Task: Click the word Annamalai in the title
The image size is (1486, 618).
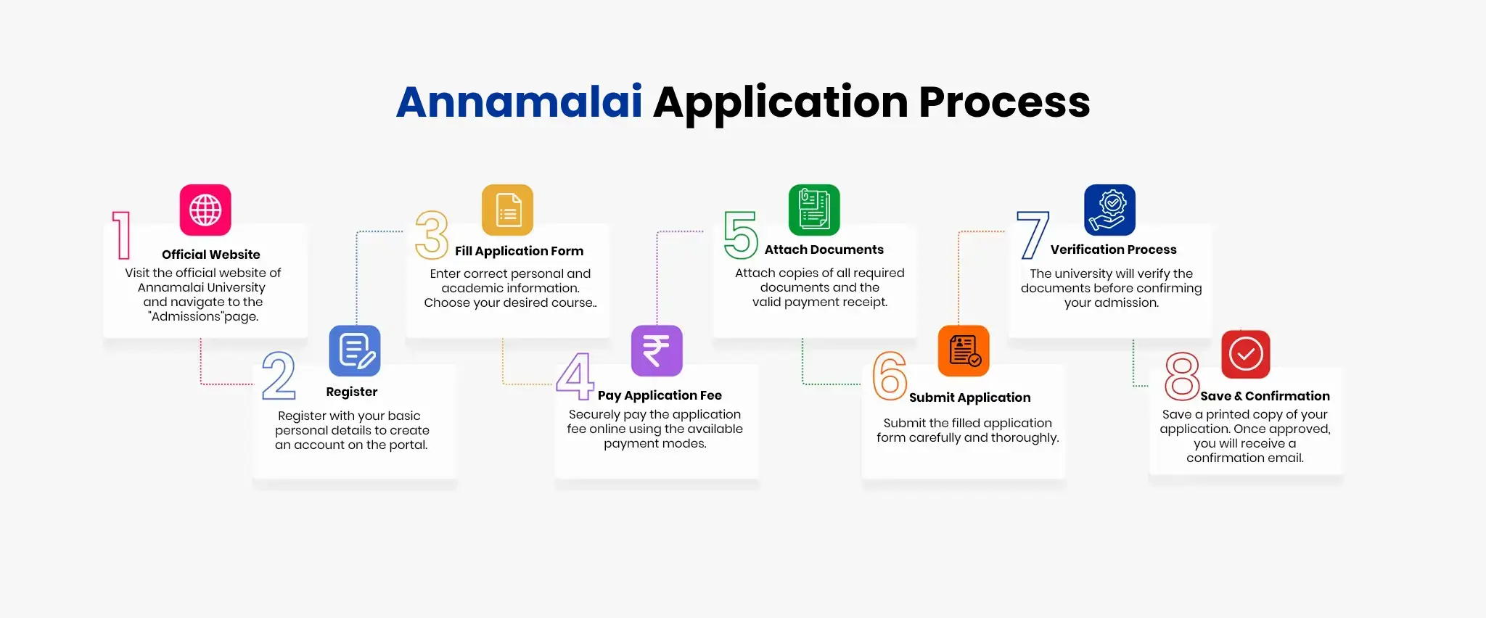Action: click(520, 102)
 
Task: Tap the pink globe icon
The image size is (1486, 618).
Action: click(205, 210)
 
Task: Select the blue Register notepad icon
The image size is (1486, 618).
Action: click(355, 351)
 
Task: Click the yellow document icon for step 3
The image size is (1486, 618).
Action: click(508, 210)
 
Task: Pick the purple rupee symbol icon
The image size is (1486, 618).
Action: click(657, 351)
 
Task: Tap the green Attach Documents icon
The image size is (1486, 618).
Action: click(814, 210)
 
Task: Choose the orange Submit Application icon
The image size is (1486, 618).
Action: click(964, 351)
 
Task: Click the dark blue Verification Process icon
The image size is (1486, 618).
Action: click(1110, 210)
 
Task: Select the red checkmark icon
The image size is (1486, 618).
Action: click(1246, 355)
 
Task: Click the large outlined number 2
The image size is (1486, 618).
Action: click(279, 376)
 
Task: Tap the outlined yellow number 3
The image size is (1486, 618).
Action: click(432, 235)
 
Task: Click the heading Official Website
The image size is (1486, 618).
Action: click(211, 255)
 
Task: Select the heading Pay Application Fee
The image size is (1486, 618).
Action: click(660, 395)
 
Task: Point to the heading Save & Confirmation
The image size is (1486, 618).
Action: click(1265, 396)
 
